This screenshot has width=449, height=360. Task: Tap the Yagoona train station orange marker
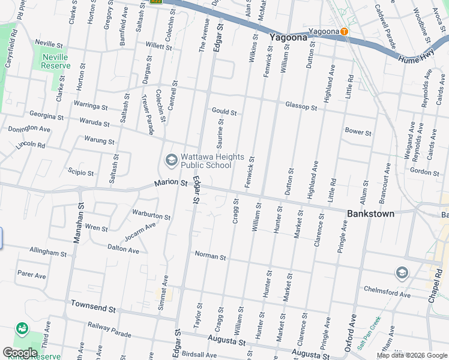click(344, 31)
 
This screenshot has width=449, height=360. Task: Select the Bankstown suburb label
click(371, 214)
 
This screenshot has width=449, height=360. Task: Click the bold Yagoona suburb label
click(288, 37)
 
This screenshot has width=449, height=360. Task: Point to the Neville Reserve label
click(50, 61)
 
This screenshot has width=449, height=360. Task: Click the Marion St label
click(171, 183)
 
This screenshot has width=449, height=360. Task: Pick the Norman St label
click(210, 256)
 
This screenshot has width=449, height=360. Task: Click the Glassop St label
click(301, 106)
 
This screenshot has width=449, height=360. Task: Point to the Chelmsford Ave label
click(387, 292)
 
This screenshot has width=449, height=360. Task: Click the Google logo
click(20, 353)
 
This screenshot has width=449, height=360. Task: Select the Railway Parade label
click(109, 329)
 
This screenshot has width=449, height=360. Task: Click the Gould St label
click(224, 112)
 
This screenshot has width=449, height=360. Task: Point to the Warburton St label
click(152, 214)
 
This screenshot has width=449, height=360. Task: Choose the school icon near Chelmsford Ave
click(402, 274)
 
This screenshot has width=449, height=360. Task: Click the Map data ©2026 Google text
click(411, 355)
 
